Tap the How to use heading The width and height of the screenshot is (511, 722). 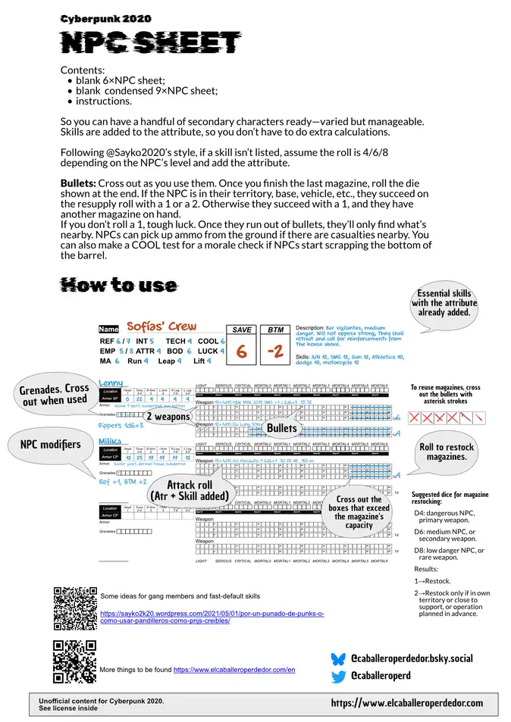pyautogui.click(x=118, y=285)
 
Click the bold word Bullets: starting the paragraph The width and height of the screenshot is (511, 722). pyautogui.click(x=78, y=184)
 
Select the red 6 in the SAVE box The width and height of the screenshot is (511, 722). pyautogui.click(x=241, y=352)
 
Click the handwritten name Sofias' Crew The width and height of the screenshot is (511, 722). pyautogui.click(x=161, y=327)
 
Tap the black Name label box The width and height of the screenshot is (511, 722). pyautogui.click(x=109, y=330)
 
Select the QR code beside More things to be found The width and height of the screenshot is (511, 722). pyautogui.click(x=74, y=661)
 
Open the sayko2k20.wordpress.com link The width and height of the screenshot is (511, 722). pyautogui.click(x=212, y=617)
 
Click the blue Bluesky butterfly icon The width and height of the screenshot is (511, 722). pyautogui.click(x=338, y=658)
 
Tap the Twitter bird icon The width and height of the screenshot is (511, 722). pyautogui.click(x=338, y=675)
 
